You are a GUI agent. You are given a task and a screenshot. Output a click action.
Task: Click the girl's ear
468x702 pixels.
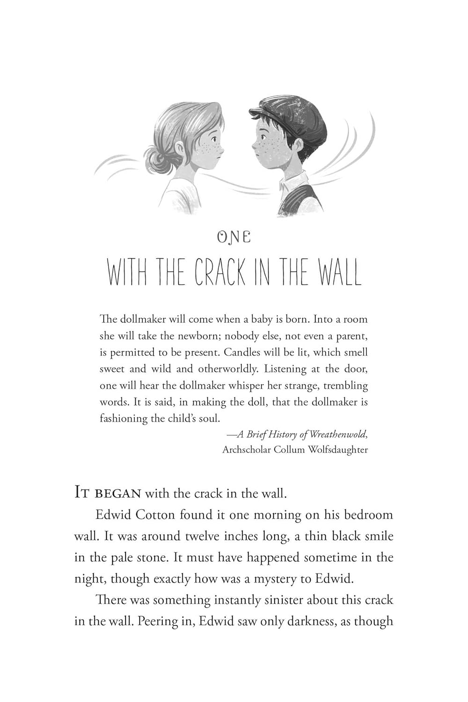180,149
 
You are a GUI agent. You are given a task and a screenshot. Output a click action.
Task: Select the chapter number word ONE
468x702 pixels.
234,237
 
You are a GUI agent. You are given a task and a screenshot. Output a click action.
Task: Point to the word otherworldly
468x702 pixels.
228,369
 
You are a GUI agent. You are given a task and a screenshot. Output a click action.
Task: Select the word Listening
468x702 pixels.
285,369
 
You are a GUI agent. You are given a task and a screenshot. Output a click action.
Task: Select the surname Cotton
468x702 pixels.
157,515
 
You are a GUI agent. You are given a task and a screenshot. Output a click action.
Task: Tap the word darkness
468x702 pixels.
317,622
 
